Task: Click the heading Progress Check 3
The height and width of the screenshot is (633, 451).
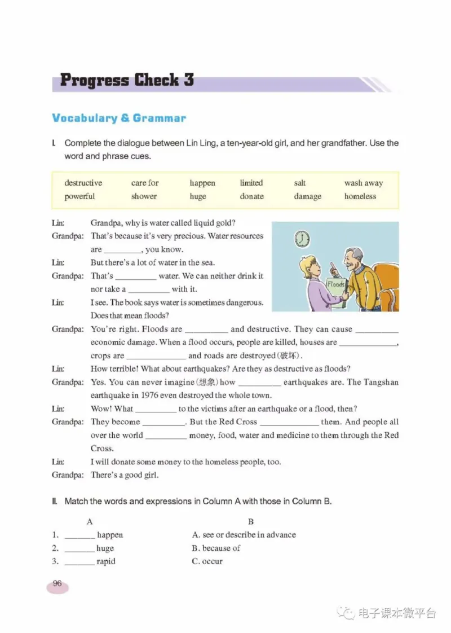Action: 127,80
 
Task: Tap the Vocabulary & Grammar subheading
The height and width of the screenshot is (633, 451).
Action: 118,118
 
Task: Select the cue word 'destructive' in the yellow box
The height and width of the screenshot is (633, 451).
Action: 83,183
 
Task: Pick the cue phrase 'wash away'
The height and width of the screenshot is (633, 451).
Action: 363,183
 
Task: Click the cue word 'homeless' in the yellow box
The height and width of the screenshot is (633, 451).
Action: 360,196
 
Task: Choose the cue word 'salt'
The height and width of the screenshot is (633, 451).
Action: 300,183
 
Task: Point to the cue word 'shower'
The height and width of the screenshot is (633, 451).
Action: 144,196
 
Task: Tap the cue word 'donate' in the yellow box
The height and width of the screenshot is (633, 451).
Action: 251,196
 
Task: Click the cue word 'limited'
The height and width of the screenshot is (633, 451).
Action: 251,183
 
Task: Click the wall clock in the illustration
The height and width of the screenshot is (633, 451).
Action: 302,239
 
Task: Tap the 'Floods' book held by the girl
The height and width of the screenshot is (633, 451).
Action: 336,287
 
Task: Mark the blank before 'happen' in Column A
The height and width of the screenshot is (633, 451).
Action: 79,535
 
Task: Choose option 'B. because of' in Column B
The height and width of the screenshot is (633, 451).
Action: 216,548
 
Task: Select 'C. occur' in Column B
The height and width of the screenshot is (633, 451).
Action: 207,561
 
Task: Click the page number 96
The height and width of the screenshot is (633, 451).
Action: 57,584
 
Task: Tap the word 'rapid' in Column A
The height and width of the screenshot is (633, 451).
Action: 106,561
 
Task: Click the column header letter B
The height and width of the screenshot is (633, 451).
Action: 251,522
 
